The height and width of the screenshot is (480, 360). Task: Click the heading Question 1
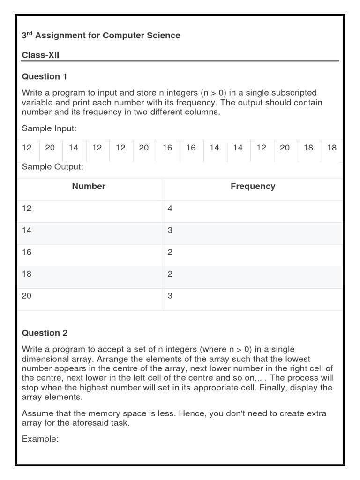pos(45,76)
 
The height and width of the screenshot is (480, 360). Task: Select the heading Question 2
pos(45,333)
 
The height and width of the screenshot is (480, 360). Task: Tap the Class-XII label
pos(40,56)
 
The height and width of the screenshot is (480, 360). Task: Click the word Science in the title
pos(162,36)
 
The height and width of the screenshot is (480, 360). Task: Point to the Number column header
pos(89,186)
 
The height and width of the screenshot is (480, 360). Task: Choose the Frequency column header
pos(253,186)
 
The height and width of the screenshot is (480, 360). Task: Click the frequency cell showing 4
pos(170,208)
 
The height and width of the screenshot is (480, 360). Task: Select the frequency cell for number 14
pos(170,230)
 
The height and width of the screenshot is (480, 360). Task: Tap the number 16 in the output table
pos(27,252)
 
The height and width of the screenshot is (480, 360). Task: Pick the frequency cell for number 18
pos(170,274)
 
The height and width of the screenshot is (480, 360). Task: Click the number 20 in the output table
pos(27,296)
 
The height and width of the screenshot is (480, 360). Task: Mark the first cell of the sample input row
pos(27,148)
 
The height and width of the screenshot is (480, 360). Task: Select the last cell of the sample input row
pos(332,148)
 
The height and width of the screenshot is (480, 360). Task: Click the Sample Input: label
pos(49,128)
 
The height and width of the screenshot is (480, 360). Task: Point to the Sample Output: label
pos(52,167)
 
